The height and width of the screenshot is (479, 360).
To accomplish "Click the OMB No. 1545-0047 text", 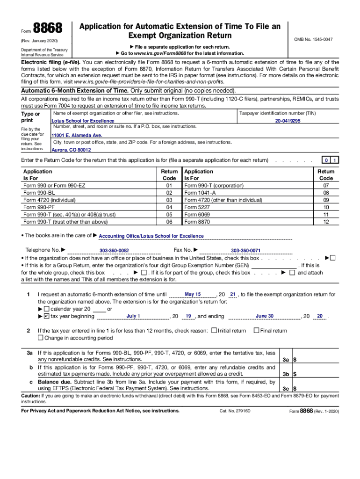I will (313, 39).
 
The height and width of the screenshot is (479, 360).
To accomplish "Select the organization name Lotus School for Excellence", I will (83, 121).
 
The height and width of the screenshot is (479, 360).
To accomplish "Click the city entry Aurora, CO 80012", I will (71, 150).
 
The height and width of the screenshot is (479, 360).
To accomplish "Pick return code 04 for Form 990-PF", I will (169, 207).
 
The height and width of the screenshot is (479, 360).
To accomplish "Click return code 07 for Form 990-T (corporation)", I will (326, 185).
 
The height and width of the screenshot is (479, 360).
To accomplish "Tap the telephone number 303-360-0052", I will (114, 251).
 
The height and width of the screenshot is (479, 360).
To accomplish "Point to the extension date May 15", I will (193, 294).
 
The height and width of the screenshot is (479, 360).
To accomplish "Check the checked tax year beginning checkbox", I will (46, 316).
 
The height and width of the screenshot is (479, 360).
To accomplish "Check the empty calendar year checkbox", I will (46, 309).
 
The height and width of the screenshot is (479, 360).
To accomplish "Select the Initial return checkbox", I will (214, 331).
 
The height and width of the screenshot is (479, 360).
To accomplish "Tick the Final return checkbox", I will (256, 331).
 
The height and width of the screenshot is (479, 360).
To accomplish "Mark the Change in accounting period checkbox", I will (40, 338).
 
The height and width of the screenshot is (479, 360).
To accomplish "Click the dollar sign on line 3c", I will (295, 389).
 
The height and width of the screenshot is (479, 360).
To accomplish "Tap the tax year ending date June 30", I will (265, 316).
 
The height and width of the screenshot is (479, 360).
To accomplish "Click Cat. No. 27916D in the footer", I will (235, 411).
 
